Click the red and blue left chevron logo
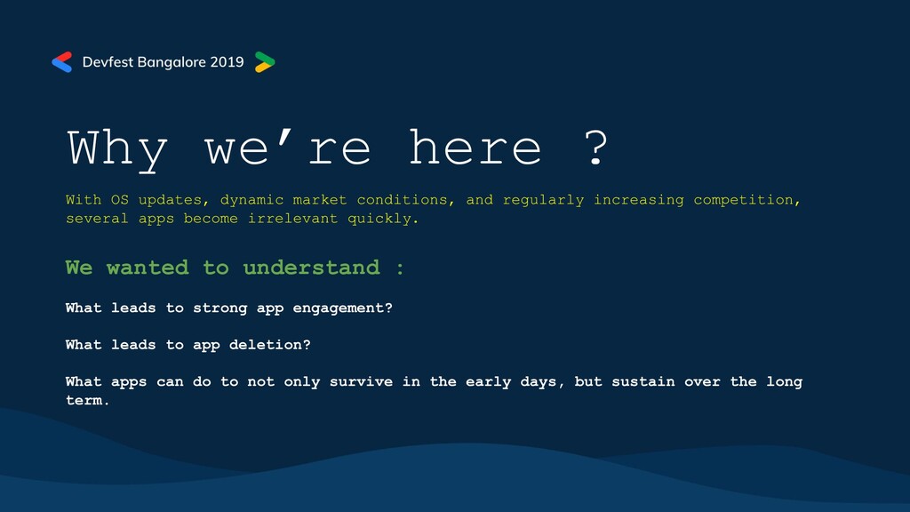tap(61, 62)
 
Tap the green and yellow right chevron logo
tap(265, 62)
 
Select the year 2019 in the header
tap(227, 62)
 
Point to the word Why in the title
tap(118, 149)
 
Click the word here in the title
tap(475, 148)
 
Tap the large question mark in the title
tap(595, 148)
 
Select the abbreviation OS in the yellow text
tap(120, 200)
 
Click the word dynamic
tap(251, 200)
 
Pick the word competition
tap(744, 200)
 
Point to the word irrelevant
tap(292, 219)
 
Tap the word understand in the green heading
tap(311, 268)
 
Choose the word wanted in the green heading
tap(148, 268)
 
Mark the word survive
tap(361, 382)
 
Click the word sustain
tap(643, 382)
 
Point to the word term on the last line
tap(84, 401)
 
